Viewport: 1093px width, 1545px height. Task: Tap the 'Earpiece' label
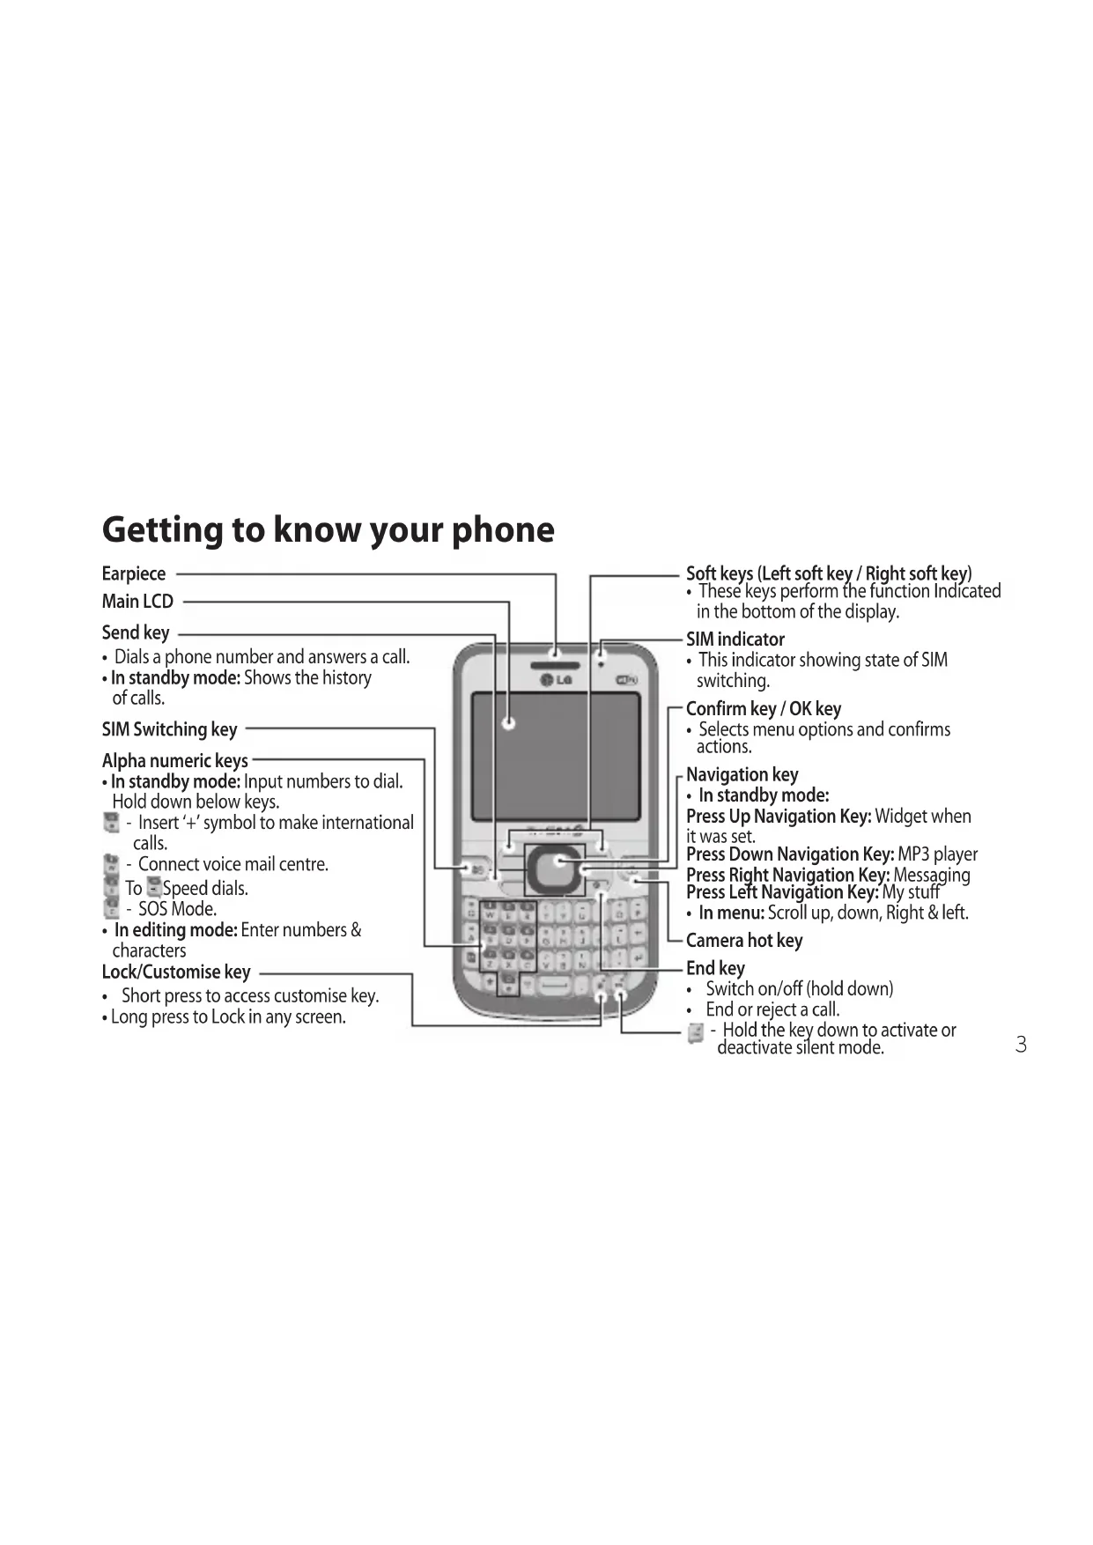coord(134,573)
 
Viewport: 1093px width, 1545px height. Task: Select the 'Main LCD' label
coord(137,602)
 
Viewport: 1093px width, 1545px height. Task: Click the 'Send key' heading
coord(136,632)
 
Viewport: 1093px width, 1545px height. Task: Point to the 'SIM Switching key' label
coord(169,729)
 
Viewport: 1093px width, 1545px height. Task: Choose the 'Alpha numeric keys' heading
coord(174,760)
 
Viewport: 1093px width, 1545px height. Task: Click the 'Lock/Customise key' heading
coord(176,972)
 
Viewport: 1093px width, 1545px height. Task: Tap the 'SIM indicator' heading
coord(735,639)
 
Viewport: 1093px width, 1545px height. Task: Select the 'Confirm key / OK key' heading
coord(763,709)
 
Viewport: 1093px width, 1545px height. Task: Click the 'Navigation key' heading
coord(742,774)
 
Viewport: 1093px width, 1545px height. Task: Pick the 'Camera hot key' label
coord(744,941)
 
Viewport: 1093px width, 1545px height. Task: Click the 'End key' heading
coord(715,968)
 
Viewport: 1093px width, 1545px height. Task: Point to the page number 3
coord(1021,1046)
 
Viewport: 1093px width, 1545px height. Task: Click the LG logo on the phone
coord(556,680)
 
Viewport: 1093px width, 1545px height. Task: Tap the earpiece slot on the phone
coord(556,654)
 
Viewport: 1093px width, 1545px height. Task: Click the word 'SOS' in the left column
coord(153,909)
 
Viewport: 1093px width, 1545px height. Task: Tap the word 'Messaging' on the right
coord(931,875)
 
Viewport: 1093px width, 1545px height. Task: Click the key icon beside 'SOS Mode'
coord(112,908)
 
